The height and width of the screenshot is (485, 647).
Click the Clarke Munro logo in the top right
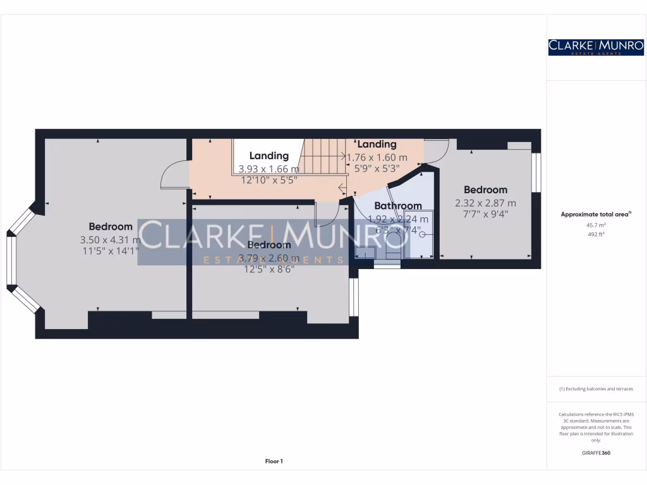(x=596, y=47)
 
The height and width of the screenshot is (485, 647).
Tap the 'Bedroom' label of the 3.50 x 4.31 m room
(x=111, y=227)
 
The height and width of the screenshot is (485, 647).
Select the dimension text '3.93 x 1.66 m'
(x=269, y=169)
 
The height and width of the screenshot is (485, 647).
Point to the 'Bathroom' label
(x=398, y=206)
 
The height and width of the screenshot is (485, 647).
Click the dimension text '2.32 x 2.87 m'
(x=485, y=203)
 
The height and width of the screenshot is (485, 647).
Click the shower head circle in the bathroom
(x=422, y=234)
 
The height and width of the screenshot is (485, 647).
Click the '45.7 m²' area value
(x=596, y=225)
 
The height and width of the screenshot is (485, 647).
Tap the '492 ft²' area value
(x=596, y=234)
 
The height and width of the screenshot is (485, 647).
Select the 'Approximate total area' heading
(x=595, y=215)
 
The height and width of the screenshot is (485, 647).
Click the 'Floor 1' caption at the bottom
(x=274, y=462)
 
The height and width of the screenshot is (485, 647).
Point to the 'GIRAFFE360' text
(x=596, y=453)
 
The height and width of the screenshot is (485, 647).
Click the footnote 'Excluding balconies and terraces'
(x=596, y=389)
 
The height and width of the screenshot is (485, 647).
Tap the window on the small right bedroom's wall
(x=536, y=172)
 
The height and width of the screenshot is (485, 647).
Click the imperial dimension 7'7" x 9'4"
(x=485, y=213)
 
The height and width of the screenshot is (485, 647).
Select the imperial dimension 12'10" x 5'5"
(x=269, y=179)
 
